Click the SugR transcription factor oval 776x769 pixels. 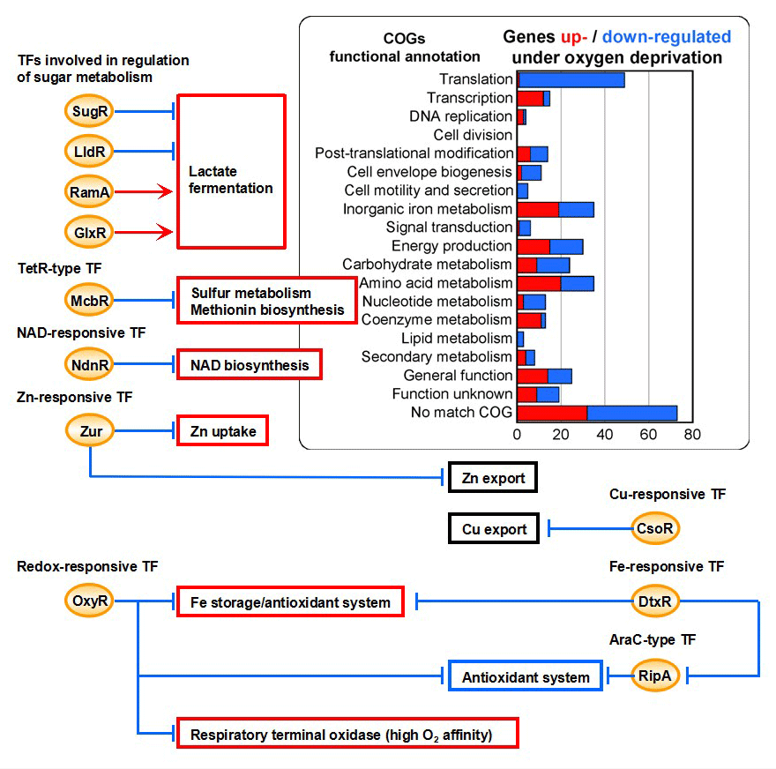[x=89, y=111]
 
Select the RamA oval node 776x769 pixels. [x=89, y=191]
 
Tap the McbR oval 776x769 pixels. [x=89, y=301]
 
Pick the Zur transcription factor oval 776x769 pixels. [x=90, y=431]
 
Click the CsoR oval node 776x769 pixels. [x=655, y=528]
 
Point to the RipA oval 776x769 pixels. [x=655, y=676]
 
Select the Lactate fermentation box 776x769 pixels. [x=232, y=171]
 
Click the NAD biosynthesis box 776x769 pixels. [x=250, y=365]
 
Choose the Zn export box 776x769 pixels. [x=493, y=477]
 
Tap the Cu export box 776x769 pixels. [x=494, y=528]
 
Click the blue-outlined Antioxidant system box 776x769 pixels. [x=526, y=676]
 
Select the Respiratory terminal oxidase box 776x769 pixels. [x=347, y=734]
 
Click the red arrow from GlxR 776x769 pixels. [x=144, y=232]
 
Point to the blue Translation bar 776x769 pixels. [x=571, y=79]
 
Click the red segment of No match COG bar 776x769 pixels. [x=552, y=414]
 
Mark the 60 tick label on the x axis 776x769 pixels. [x=648, y=435]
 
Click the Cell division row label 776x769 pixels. [x=473, y=135]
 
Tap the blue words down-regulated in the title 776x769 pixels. [x=667, y=37]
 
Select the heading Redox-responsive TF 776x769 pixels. [x=87, y=566]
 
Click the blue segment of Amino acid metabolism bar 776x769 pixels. [x=577, y=284]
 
